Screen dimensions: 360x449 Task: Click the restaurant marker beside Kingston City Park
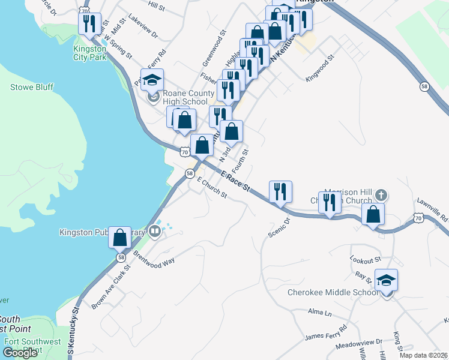pos(89,24)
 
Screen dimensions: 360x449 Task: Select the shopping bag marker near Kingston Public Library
pos(120,238)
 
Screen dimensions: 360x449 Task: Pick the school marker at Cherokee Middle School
pos(386,280)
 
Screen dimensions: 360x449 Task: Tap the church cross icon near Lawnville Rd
pos(381,196)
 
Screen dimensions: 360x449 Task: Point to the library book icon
pos(155,230)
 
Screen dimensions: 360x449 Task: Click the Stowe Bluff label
pos(32,88)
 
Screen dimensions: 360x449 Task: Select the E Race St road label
pos(235,182)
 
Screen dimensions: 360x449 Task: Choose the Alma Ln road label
pos(319,313)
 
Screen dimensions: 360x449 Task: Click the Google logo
pos(20,353)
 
